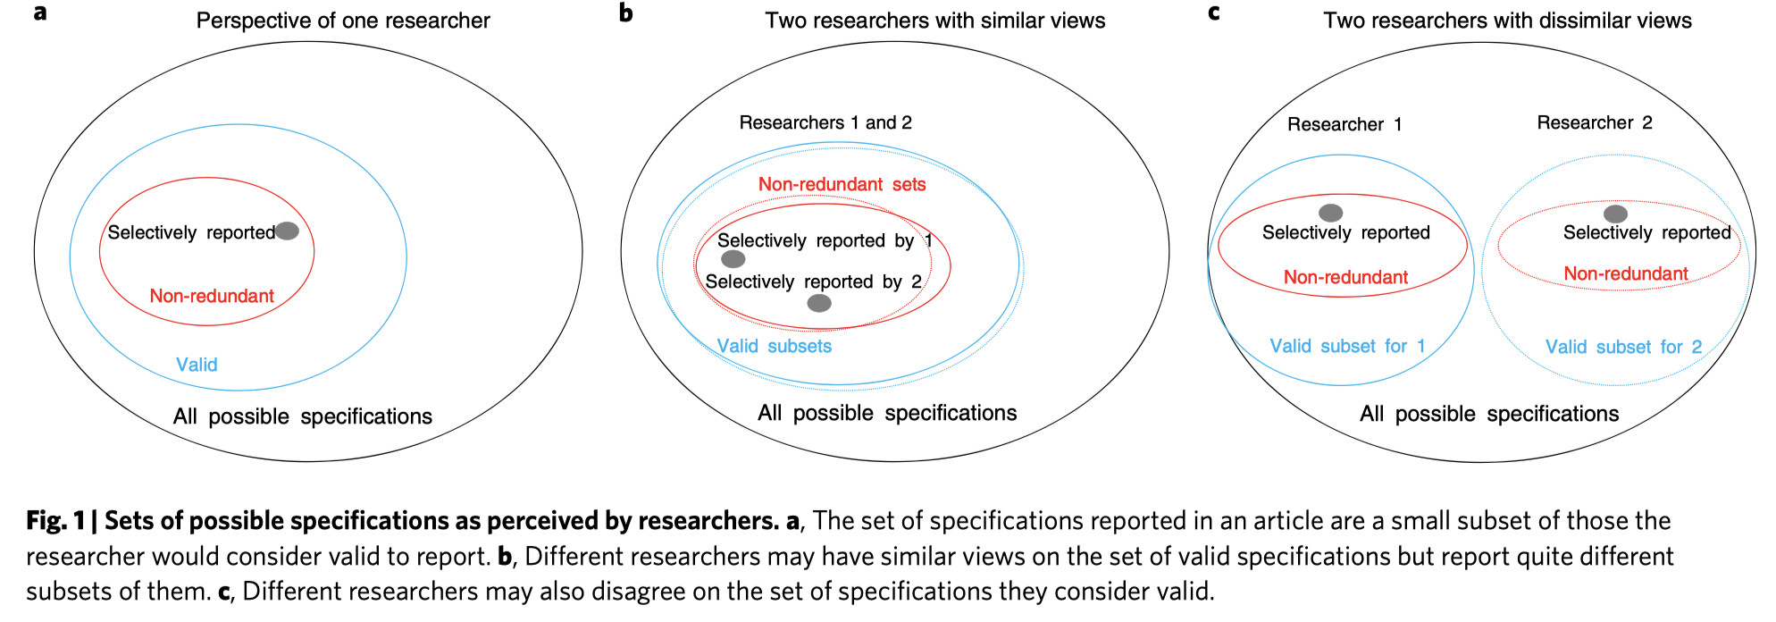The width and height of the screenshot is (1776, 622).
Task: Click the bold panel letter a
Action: (x=40, y=13)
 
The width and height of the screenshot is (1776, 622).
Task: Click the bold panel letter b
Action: (x=626, y=13)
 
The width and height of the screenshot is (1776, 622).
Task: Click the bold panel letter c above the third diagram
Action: (x=1213, y=13)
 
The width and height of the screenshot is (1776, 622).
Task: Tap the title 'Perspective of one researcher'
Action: (x=343, y=21)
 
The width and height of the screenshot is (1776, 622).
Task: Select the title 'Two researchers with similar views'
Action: (x=934, y=21)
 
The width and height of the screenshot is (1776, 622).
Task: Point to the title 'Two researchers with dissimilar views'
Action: (x=1507, y=21)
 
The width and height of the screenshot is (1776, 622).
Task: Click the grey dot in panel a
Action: (x=287, y=231)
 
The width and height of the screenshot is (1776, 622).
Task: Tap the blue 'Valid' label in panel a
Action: (x=197, y=365)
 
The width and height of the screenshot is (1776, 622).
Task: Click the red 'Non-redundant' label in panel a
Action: (x=212, y=296)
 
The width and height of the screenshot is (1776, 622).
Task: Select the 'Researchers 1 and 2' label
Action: (x=825, y=122)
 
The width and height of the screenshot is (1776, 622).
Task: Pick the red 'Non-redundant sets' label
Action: (x=842, y=184)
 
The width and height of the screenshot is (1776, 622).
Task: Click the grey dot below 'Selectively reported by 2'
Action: (x=819, y=303)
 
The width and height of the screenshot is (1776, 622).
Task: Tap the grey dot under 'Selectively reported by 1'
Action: (x=733, y=259)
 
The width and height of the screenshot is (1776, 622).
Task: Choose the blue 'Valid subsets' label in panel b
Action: (x=774, y=346)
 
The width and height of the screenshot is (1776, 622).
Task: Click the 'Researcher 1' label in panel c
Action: (x=1345, y=124)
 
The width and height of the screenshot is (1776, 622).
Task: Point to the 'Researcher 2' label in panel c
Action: (x=1595, y=122)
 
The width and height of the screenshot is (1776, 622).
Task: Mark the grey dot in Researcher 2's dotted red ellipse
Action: (x=1615, y=214)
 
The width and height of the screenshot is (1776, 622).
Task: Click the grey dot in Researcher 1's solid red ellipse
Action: (x=1331, y=213)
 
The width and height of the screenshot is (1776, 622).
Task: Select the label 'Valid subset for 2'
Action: (x=1623, y=347)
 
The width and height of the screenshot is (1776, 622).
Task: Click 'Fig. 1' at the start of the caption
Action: (x=55, y=520)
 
